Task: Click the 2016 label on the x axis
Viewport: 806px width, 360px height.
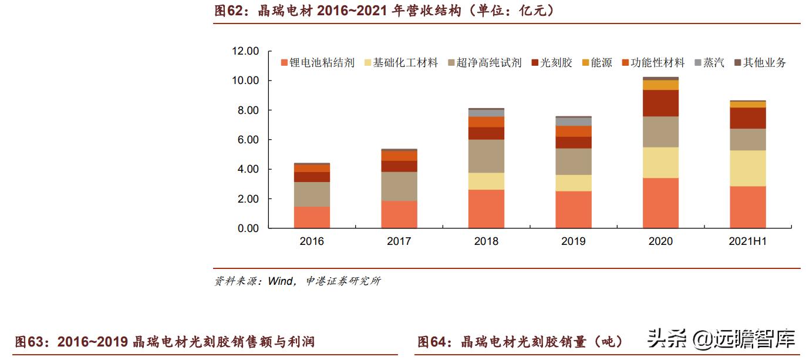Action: [311, 241]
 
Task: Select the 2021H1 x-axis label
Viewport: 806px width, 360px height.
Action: [748, 241]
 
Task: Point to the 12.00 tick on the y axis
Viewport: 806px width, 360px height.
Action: [245, 51]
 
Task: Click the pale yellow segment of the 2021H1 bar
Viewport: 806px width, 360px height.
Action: [748, 168]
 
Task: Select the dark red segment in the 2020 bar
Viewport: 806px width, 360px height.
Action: [660, 103]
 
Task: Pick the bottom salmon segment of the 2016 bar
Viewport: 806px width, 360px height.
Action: [311, 217]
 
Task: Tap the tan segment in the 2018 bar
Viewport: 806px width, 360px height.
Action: [486, 156]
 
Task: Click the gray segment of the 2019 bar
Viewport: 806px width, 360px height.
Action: [574, 122]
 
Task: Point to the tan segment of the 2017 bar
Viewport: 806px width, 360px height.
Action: [399, 186]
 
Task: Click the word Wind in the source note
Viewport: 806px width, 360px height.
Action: [280, 281]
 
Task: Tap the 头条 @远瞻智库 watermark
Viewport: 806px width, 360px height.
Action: [721, 339]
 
